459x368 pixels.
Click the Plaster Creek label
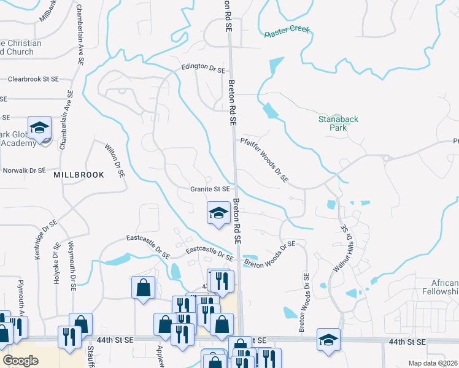(x=287, y=33)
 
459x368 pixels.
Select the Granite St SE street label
(x=210, y=190)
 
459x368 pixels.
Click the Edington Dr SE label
(x=202, y=69)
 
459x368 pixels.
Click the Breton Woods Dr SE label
(x=269, y=254)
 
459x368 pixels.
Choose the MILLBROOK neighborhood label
(x=79, y=175)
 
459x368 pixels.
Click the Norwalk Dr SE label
(x=25, y=171)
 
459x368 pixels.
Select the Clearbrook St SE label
(x=33, y=79)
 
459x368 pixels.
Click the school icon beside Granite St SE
(x=218, y=213)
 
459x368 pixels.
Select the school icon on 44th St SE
(x=328, y=339)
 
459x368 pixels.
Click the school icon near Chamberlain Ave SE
(x=40, y=128)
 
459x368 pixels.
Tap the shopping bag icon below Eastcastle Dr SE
(x=143, y=287)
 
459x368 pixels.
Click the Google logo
(x=20, y=361)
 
